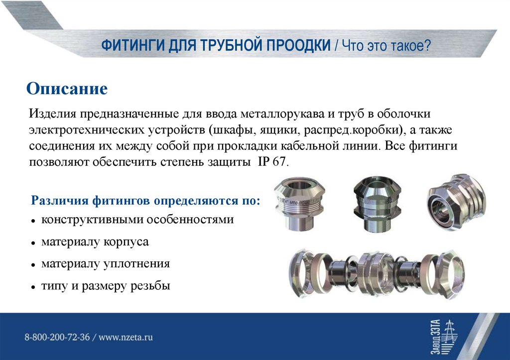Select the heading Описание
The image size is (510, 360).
pyautogui.click(x=67, y=89)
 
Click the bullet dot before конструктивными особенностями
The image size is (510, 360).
pyautogui.click(x=32, y=220)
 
